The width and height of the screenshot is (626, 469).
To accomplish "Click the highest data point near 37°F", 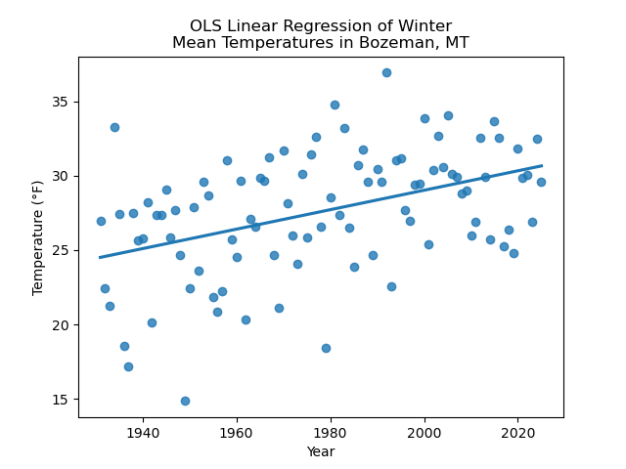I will (x=386, y=72).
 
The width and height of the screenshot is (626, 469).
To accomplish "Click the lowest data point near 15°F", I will (x=185, y=401).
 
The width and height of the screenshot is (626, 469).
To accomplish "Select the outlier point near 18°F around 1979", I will (x=326, y=348).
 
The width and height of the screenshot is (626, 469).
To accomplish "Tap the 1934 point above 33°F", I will (x=114, y=127).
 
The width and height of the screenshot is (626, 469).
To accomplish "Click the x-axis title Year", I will (x=321, y=451).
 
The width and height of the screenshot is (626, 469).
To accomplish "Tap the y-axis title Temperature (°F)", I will (x=38, y=237).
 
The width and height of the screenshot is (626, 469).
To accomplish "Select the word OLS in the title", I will (x=206, y=26).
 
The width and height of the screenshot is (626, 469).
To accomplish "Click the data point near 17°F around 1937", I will (x=128, y=366).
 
